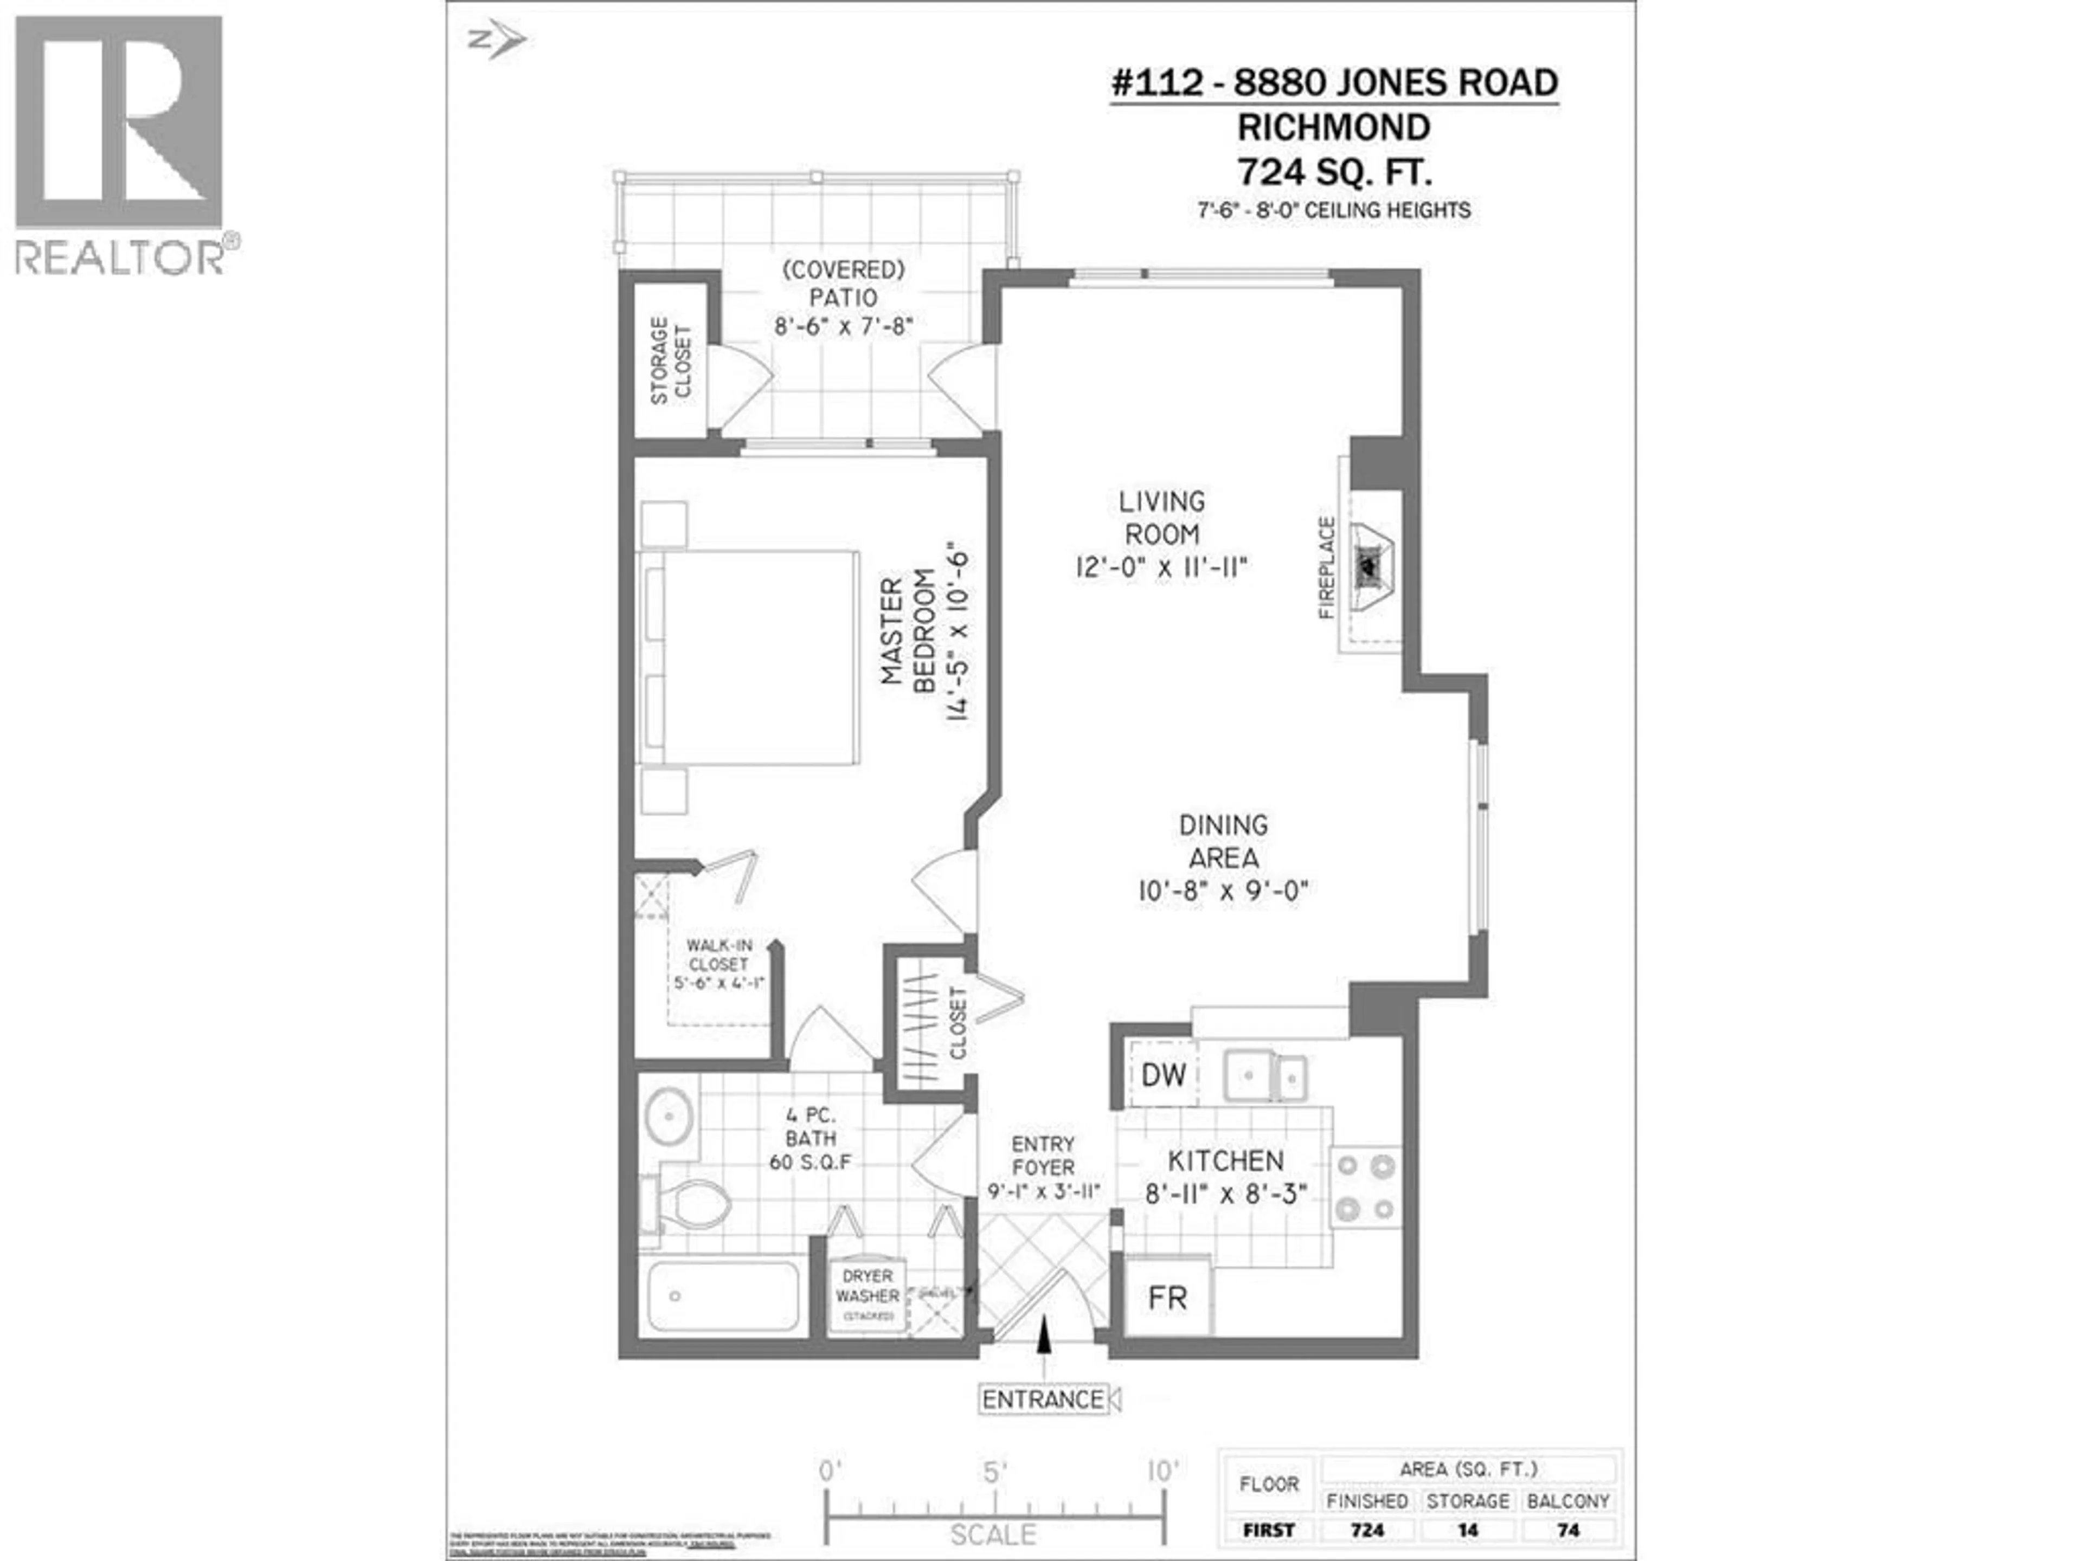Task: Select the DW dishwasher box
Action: pos(1164,1074)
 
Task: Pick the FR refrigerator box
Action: pos(1167,1299)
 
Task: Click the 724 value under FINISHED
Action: pos(1367,1531)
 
